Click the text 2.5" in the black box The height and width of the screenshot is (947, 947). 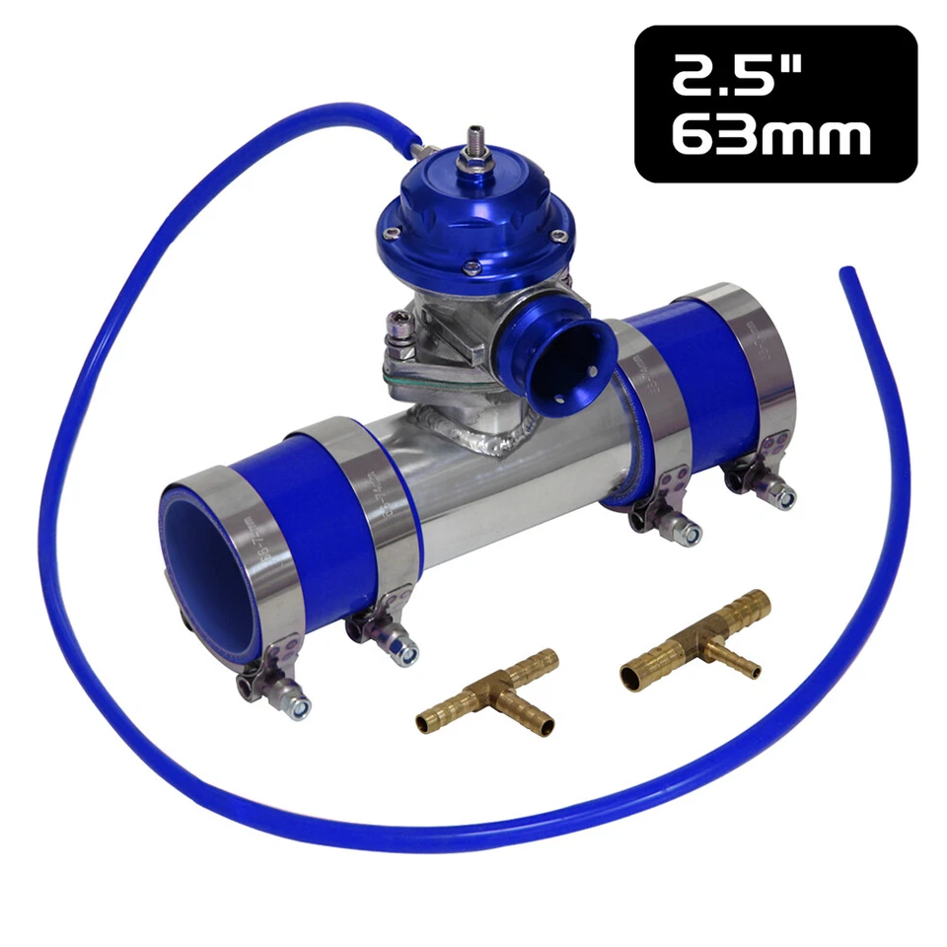click(736, 78)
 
